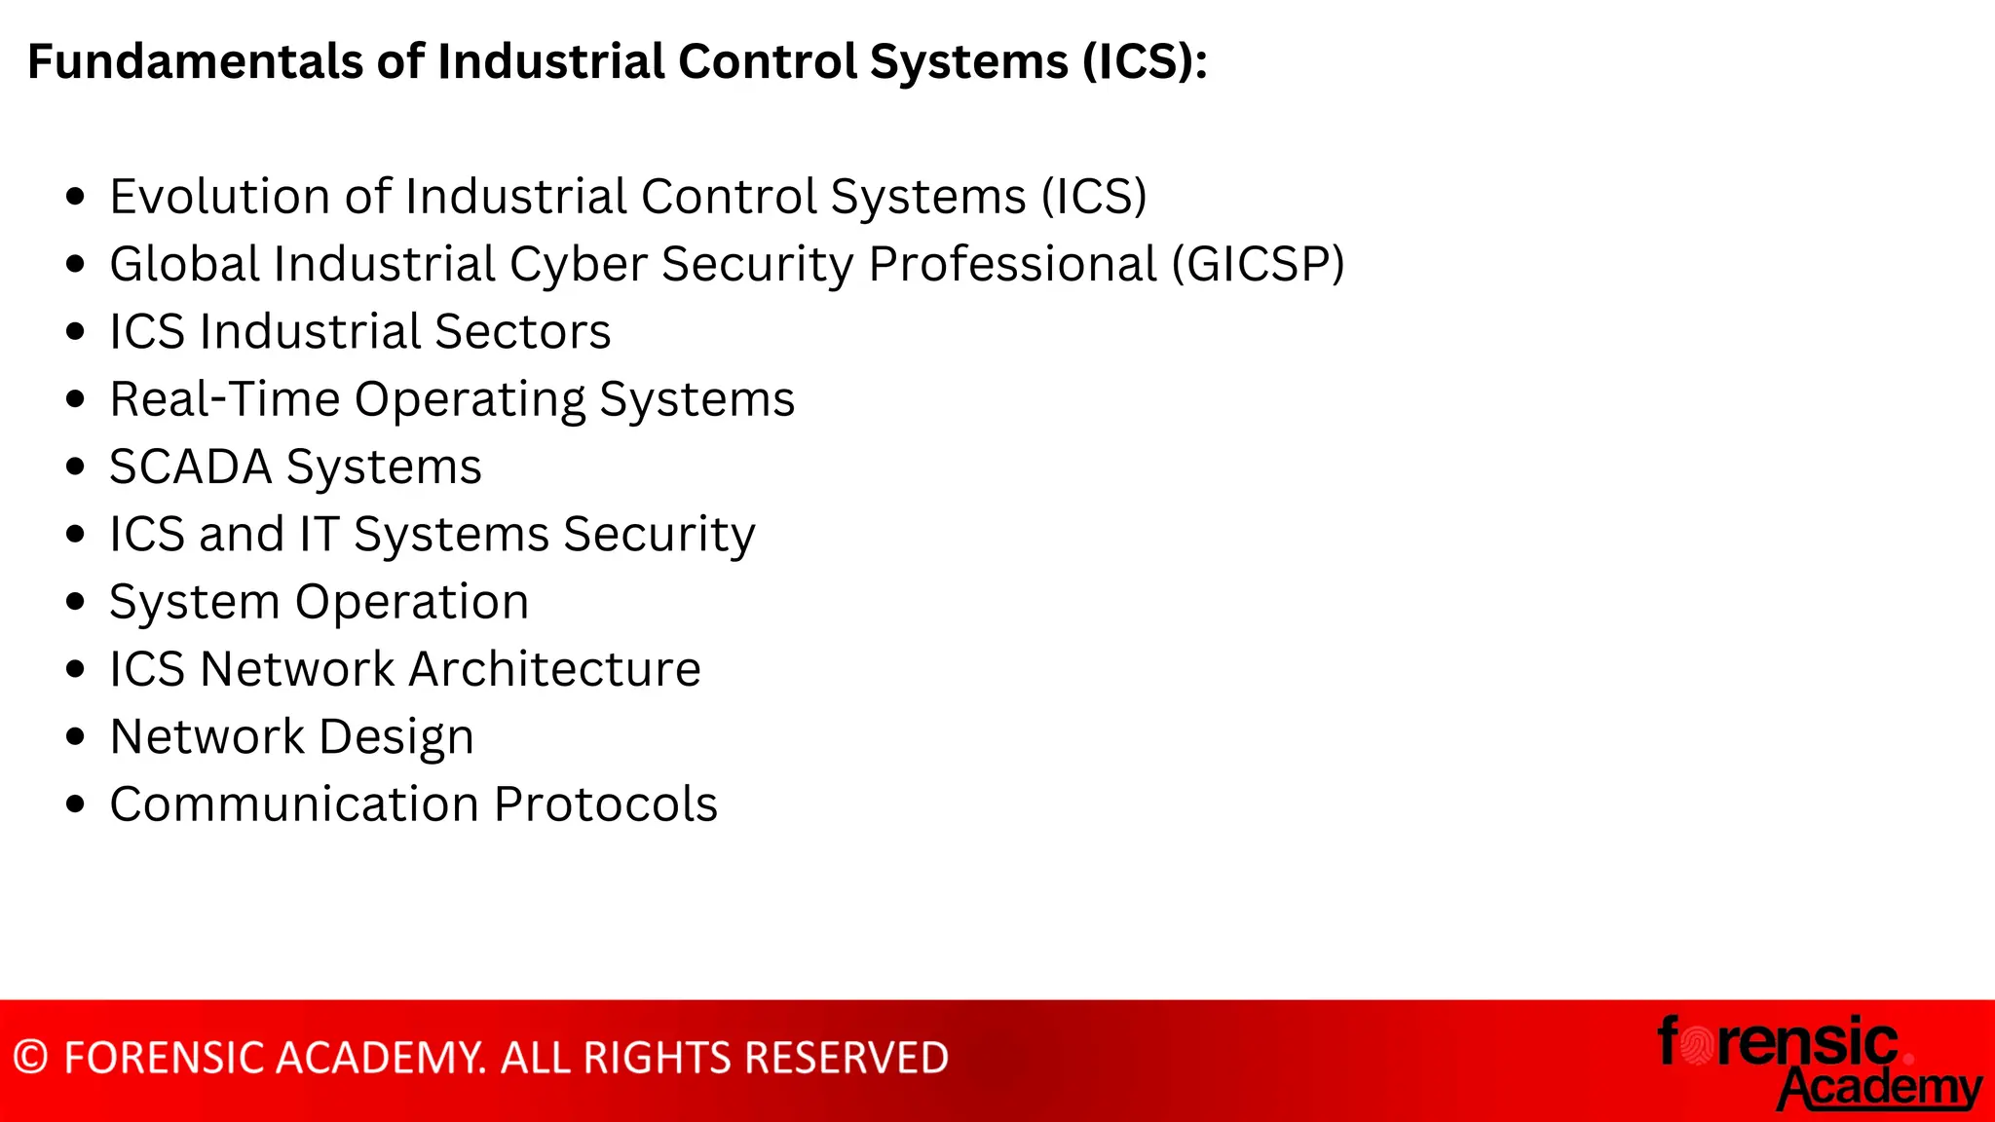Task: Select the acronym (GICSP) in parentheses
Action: pos(1258,264)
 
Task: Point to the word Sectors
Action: pos(523,331)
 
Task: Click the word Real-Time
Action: pos(224,399)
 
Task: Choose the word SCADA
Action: pos(190,467)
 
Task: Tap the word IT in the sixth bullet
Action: pos(319,534)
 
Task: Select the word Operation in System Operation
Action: pos(412,602)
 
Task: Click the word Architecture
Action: pos(554,669)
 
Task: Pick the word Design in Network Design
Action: pos(396,737)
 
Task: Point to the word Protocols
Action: pos(605,804)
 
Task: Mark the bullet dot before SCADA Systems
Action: pos(76,467)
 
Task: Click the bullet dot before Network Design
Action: pos(76,736)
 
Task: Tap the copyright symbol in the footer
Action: pos(31,1058)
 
